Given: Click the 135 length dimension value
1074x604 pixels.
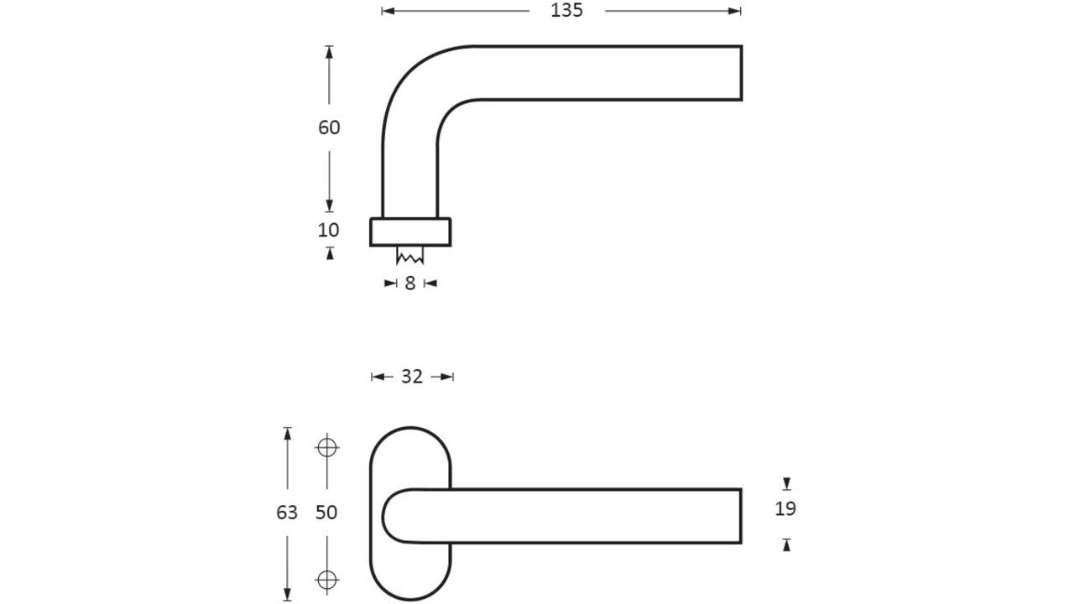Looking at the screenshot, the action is (566, 11).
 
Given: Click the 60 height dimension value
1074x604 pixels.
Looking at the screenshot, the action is (329, 128).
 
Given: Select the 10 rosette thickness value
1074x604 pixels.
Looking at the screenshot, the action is (328, 230).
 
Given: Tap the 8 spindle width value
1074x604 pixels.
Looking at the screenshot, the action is (410, 284).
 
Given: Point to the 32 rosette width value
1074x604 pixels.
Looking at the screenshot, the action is (412, 377).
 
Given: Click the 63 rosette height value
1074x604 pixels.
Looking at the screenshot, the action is (287, 513).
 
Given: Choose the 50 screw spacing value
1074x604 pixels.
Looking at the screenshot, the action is (326, 513).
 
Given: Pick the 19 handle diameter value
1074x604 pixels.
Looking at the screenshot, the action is (785, 508).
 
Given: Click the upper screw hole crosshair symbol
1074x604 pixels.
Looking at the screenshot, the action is (327, 448).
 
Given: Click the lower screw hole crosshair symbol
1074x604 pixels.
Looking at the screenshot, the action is (327, 580).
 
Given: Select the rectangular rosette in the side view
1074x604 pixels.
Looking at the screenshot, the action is (410, 232).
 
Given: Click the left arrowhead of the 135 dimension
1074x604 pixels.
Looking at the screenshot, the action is (388, 11).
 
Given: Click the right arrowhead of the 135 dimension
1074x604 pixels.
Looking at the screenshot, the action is (734, 11).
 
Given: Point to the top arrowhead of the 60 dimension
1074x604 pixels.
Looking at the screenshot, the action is (329, 52).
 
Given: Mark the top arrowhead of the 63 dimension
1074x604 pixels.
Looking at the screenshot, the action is (287, 434).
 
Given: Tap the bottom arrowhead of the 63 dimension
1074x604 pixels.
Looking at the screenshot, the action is (287, 594).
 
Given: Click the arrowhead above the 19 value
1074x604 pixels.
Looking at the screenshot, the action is (786, 483).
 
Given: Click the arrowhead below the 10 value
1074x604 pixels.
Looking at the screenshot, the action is (330, 253).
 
